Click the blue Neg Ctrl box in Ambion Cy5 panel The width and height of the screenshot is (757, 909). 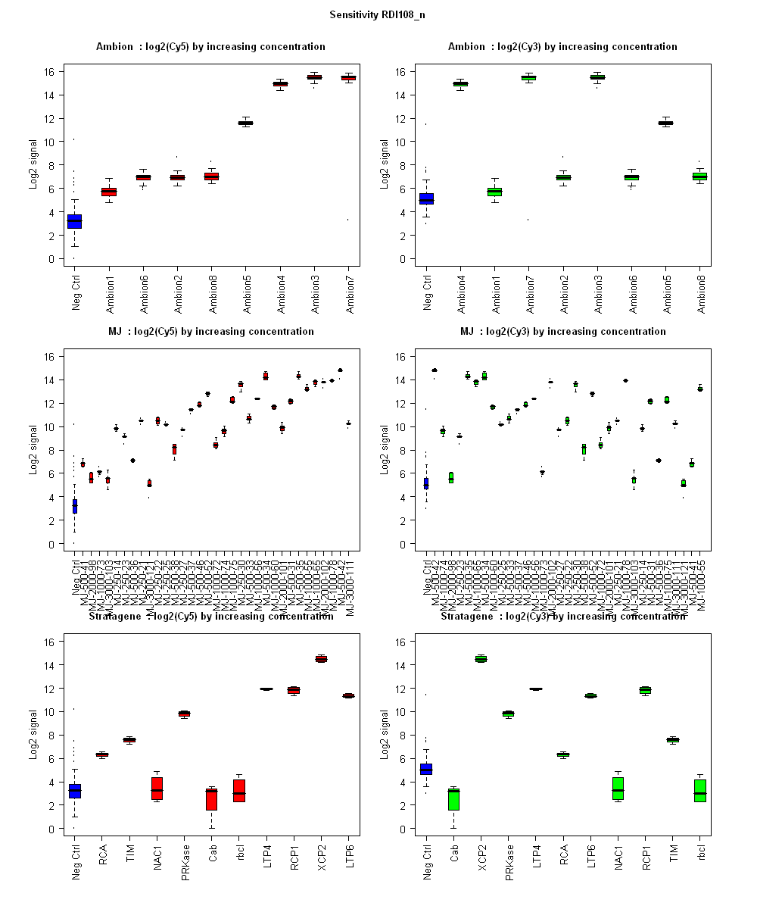(x=74, y=221)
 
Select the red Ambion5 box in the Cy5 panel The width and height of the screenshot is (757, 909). (x=245, y=123)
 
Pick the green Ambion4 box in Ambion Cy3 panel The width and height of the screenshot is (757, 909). (x=460, y=83)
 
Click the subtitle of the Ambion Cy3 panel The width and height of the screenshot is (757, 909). (x=562, y=47)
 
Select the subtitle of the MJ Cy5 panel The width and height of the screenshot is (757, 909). (x=210, y=332)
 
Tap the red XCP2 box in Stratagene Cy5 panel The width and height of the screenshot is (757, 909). (x=321, y=659)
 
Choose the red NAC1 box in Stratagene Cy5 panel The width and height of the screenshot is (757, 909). (x=157, y=788)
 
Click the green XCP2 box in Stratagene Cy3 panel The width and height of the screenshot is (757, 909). (x=481, y=659)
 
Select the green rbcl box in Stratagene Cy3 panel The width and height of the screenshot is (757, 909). (x=699, y=790)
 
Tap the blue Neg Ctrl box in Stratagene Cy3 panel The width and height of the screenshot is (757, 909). (x=426, y=769)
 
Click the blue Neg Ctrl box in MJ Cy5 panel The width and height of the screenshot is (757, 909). (x=74, y=506)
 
